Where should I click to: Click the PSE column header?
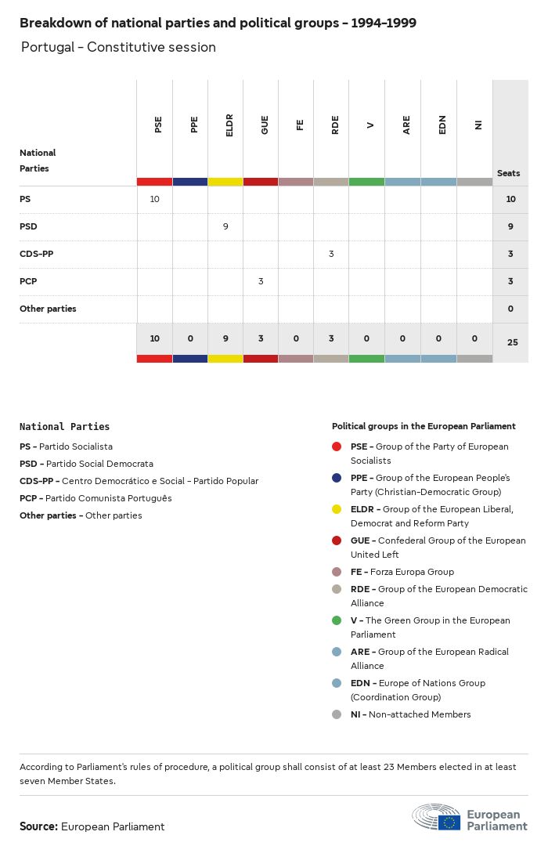coord(158,125)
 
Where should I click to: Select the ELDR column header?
coord(229,125)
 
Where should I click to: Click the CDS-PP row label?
coord(37,254)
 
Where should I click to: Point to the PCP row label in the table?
coord(28,281)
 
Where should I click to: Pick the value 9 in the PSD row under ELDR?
coord(225,226)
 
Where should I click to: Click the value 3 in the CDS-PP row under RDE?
coord(332,254)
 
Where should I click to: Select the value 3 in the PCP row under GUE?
coord(261,281)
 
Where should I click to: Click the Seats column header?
coord(508,173)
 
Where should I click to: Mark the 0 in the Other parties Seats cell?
coord(510,309)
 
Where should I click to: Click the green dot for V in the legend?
coord(337,620)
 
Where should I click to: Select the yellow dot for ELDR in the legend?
coord(337,509)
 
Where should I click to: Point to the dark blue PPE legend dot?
coord(337,478)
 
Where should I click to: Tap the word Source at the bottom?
coord(38,826)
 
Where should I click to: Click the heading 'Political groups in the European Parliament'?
coord(424,426)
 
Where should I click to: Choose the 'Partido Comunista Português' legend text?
coord(108,498)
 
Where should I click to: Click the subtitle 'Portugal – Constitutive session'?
coord(118,47)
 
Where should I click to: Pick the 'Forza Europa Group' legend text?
coord(412,572)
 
